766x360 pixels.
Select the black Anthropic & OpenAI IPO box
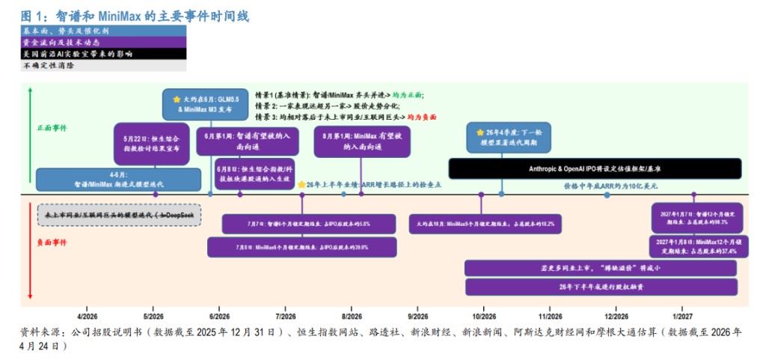(595, 168)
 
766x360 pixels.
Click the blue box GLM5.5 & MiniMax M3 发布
(206, 104)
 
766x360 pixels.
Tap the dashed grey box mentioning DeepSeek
(119, 215)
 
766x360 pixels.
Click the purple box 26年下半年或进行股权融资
(601, 286)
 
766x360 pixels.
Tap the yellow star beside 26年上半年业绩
(301, 184)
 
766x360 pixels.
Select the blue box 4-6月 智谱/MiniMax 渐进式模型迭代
(118, 180)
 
